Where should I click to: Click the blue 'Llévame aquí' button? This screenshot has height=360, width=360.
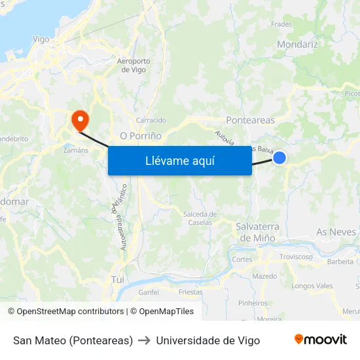pyautogui.click(x=180, y=160)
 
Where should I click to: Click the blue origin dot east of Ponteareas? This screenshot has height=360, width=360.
pyautogui.click(x=279, y=158)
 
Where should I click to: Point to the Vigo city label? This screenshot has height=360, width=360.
pyautogui.click(x=41, y=39)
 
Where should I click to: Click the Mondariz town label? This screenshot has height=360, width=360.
pyautogui.click(x=297, y=45)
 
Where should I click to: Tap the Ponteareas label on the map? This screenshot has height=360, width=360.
pyautogui.click(x=250, y=120)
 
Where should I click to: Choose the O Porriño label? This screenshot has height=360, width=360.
pyautogui.click(x=141, y=136)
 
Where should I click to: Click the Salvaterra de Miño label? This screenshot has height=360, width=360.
pyautogui.click(x=257, y=232)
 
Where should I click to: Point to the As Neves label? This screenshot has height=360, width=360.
pyautogui.click(x=336, y=232)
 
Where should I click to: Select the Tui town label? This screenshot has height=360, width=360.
pyautogui.click(x=118, y=279)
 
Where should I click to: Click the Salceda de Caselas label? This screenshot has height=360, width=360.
pyautogui.click(x=200, y=218)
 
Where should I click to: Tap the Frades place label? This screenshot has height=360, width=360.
pyautogui.click(x=281, y=24)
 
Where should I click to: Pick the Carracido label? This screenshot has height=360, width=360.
pyautogui.click(x=151, y=120)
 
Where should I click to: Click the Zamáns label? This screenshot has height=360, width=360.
pyautogui.click(x=76, y=150)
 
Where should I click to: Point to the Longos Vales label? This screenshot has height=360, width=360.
pyautogui.click(x=312, y=286)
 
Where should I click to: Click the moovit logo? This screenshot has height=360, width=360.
pyautogui.click(x=321, y=340)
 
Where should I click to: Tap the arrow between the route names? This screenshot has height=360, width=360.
pyautogui.click(x=145, y=340)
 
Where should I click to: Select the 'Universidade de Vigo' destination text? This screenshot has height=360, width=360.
pyautogui.click(x=207, y=340)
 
